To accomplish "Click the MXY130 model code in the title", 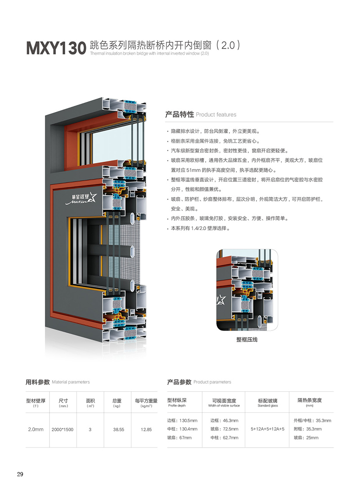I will [56, 48].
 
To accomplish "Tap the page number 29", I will [20, 474].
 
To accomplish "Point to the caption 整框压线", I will [247, 340].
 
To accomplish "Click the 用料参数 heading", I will [38, 382].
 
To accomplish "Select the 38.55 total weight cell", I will [118, 430].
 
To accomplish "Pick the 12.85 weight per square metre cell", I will [146, 430].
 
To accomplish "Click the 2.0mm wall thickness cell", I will [36, 430].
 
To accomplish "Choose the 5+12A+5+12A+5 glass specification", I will [268, 429].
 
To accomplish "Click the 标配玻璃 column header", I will [268, 401].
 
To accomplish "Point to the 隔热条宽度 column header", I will [310, 400].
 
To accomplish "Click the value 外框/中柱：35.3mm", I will [312, 421].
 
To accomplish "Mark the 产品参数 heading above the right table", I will [179, 382].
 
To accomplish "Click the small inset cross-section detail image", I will [247, 291].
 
